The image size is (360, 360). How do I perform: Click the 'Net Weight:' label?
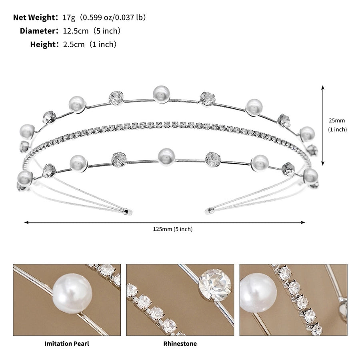point(36,17)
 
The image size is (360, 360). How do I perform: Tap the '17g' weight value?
point(68,17)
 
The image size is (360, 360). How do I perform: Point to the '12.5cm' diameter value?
point(74,31)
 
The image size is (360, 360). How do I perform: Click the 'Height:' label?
point(44,44)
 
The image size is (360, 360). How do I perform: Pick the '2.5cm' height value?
point(74,44)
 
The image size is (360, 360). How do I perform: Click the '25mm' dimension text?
point(336,120)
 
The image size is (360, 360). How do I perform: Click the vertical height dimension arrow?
point(323,125)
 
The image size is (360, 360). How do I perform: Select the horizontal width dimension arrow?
point(165,222)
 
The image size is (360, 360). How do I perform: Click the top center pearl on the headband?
point(161,94)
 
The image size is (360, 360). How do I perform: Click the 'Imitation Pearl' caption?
point(66,344)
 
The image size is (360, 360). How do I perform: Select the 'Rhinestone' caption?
point(180,344)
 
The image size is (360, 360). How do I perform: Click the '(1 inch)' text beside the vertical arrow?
point(337,129)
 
